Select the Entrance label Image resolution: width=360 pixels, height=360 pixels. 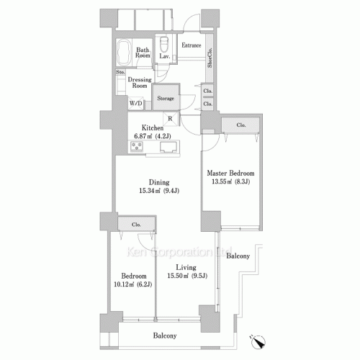(191, 45)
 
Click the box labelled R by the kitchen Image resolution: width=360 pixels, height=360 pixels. (168, 119)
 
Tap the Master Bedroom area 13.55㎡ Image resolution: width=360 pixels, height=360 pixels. (229, 182)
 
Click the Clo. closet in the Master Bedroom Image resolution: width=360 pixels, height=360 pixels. (240, 125)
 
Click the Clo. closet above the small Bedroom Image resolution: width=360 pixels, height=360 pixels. (135, 224)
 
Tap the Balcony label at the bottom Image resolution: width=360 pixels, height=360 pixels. (165, 336)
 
